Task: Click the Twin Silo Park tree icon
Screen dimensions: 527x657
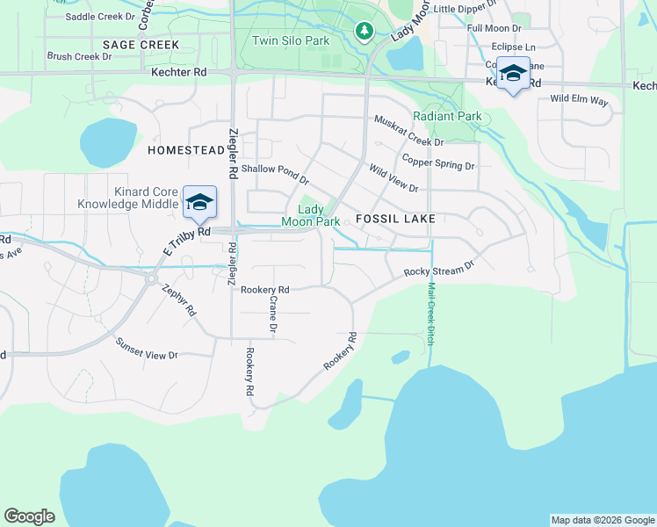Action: coord(364,32)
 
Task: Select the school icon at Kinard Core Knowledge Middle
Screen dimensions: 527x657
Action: coord(200,202)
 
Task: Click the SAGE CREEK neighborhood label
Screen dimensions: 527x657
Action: coord(141,45)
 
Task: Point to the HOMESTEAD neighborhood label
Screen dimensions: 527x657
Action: coord(186,150)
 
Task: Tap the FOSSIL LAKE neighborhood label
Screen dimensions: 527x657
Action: coord(395,218)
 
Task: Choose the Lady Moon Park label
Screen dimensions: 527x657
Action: coord(310,215)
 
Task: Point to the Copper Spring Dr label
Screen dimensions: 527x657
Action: coord(437,162)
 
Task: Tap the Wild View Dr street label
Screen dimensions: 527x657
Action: coord(393,177)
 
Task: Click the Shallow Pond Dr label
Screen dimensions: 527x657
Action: coord(275,174)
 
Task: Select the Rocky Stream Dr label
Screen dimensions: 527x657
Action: coord(439,267)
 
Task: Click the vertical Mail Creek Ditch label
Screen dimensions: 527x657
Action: coord(430,313)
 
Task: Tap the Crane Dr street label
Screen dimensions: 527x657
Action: coord(273,314)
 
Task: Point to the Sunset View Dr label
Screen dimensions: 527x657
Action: coord(148,355)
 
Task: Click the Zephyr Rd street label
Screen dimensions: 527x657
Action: coord(179,299)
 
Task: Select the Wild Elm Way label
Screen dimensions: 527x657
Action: coord(579,101)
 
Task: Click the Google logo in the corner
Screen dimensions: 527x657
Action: coord(30,516)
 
